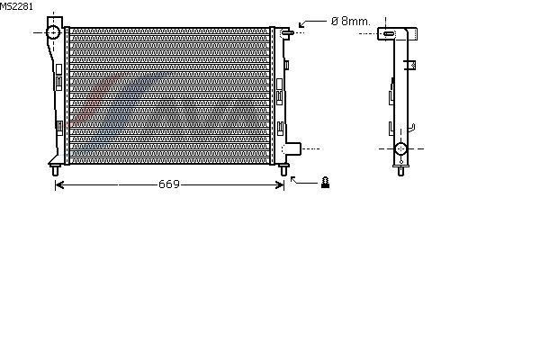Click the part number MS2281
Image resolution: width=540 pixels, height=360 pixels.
point(16,6)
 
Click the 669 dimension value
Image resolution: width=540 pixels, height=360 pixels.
point(169,184)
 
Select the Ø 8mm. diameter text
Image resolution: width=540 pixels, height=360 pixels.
point(350,22)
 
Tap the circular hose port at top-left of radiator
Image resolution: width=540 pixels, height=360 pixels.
point(53,32)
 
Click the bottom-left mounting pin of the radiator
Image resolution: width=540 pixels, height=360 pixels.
point(55,170)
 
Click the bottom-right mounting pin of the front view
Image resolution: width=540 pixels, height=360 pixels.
point(283,170)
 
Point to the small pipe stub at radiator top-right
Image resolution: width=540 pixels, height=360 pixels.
point(288,32)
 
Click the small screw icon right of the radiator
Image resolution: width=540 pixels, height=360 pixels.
point(325,182)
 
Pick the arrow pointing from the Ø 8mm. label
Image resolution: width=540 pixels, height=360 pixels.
point(311,22)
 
